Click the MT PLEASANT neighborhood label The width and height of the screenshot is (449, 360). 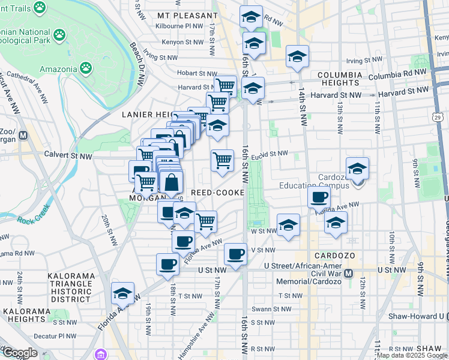(x=187, y=15)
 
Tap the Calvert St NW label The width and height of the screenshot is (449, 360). (x=68, y=155)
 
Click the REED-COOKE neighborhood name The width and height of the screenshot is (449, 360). (x=217, y=193)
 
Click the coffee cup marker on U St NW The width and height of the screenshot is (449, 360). (x=167, y=264)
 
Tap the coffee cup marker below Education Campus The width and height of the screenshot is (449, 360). (x=319, y=197)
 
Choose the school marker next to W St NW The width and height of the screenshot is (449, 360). (x=288, y=225)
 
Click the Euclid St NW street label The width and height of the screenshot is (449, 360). (x=271, y=154)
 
